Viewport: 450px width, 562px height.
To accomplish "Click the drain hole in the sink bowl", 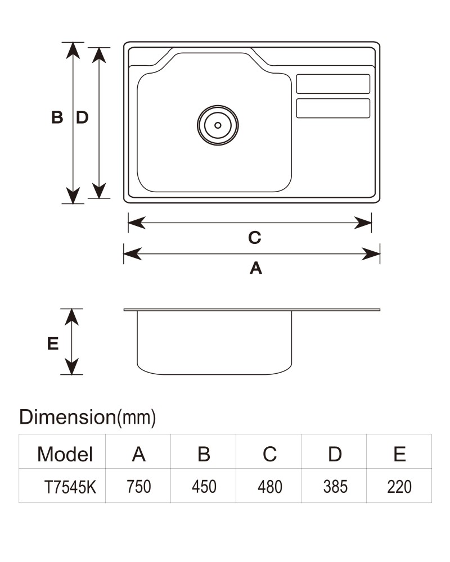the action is coord(218,125).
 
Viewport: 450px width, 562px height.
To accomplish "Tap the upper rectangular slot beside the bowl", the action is coord(333,84).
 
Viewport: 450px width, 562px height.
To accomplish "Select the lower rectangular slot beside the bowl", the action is coord(333,108).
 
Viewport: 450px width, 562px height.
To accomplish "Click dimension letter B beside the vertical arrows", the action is coord(57,117).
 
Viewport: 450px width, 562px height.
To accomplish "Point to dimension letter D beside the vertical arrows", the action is coord(82,117).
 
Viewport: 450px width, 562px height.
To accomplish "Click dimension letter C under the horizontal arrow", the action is coord(255,238).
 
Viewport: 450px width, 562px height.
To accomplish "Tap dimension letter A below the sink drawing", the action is coord(256,268).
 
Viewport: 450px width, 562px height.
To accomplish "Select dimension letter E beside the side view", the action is coord(53,344).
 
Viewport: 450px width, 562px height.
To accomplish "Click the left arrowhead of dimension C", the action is coord(137,223).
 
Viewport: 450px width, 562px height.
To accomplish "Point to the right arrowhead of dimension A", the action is coord(371,254).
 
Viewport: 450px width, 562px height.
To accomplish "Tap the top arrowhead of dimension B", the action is coord(73,51).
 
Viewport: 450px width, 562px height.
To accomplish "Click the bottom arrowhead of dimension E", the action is coord(72,366).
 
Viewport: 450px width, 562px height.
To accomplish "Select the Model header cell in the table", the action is coord(65,454).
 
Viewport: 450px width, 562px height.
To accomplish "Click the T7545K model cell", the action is coord(70,487).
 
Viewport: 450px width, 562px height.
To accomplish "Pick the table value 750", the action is coord(139,487).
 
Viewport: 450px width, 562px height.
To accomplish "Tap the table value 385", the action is coord(335,487).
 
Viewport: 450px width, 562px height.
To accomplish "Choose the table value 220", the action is coord(399,487).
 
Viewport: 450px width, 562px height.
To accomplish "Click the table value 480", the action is coord(270,487).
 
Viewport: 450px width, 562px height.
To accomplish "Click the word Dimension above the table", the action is coord(67,417).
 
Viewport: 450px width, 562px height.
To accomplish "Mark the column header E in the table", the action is coord(400,454).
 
